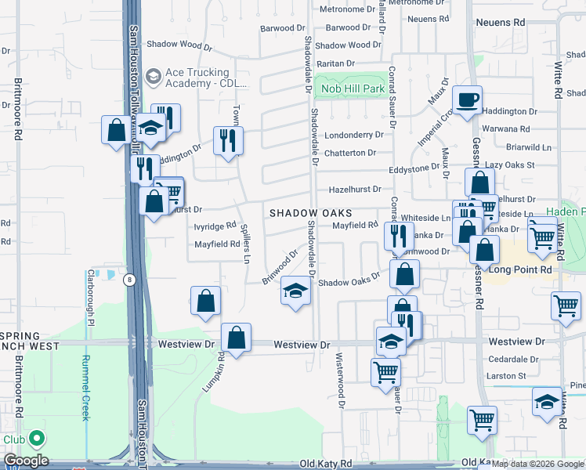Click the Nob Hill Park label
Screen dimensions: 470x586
click(x=353, y=89)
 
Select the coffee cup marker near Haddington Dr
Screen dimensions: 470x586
click(x=468, y=100)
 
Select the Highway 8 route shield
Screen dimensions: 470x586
click(x=129, y=278)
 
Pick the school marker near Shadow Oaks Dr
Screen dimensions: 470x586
click(x=295, y=291)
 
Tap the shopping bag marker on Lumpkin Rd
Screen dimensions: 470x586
click(x=236, y=338)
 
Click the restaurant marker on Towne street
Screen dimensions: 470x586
click(x=228, y=141)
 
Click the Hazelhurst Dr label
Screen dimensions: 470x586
click(x=354, y=189)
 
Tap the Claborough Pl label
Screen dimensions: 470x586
click(x=91, y=298)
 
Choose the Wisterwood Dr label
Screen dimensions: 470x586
click(x=341, y=379)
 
